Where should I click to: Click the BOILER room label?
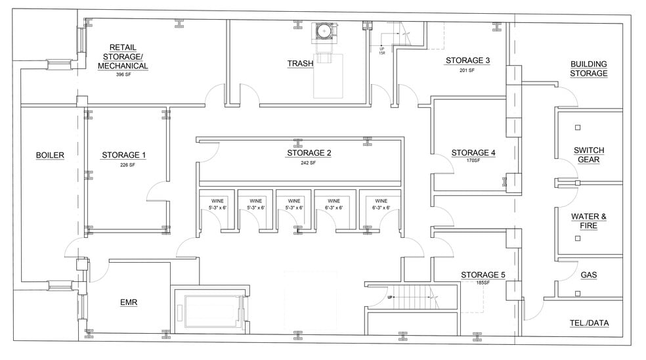coord(50,155)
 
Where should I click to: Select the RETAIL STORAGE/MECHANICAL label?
coord(123,56)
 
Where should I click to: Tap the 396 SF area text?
coord(123,75)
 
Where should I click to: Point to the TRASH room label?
coord(299,64)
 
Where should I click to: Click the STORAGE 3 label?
coord(467,60)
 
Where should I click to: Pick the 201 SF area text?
coord(467,70)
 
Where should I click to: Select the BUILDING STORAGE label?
coord(588,69)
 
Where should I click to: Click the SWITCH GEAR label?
coord(588,154)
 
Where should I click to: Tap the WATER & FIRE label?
coord(588,221)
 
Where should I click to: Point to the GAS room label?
coord(588,275)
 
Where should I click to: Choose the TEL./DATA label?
coord(588,323)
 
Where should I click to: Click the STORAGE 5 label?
coord(483,275)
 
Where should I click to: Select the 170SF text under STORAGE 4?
coord(473,160)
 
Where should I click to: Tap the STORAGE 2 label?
coord(309,153)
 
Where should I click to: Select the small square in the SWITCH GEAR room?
coord(578,127)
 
